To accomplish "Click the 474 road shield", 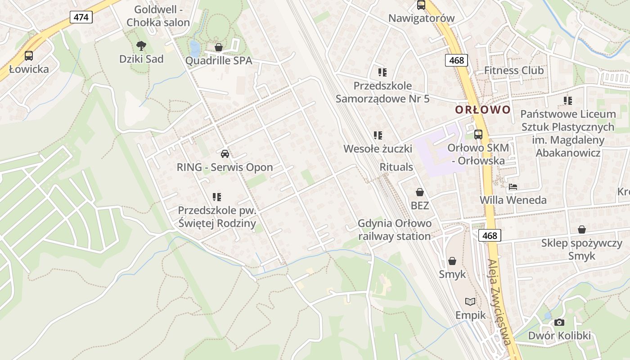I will pos(81,17).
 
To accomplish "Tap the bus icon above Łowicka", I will pos(29,56).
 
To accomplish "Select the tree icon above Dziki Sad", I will pos(141,45).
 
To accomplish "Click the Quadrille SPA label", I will pos(219,61).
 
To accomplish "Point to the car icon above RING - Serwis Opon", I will pos(225,153).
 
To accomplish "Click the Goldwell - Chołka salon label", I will pos(158,16).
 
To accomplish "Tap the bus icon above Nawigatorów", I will pos(421,5).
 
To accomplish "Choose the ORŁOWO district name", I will pos(483,110).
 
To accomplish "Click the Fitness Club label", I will pos(514,70).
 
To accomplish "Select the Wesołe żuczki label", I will pos(378,148).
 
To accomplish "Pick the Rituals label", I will pos(396,167).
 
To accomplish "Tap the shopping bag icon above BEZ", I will pos(420,192).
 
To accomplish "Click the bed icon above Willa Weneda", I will pos(513,186).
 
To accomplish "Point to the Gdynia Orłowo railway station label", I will pos(395,229).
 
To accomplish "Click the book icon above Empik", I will pos(470,301).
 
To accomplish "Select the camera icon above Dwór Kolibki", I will pos(559,322).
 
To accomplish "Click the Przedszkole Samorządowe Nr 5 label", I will pos(382,92).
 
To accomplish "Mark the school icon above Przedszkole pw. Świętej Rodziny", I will pos(217,197).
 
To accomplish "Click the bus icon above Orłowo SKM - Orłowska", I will pos(478,134).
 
